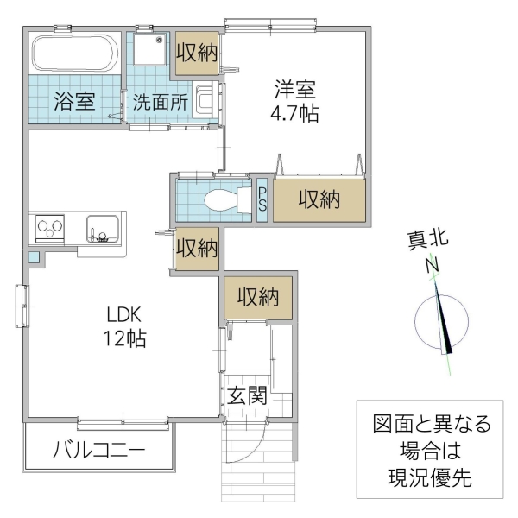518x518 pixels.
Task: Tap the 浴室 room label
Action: (75, 100)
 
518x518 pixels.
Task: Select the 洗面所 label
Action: (160, 100)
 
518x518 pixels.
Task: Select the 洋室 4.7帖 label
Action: (296, 100)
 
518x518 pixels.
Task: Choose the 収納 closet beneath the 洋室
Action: (319, 199)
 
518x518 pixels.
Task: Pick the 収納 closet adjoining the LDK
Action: (197, 249)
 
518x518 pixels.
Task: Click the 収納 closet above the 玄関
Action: (258, 298)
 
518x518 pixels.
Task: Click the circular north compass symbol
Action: (441, 320)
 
